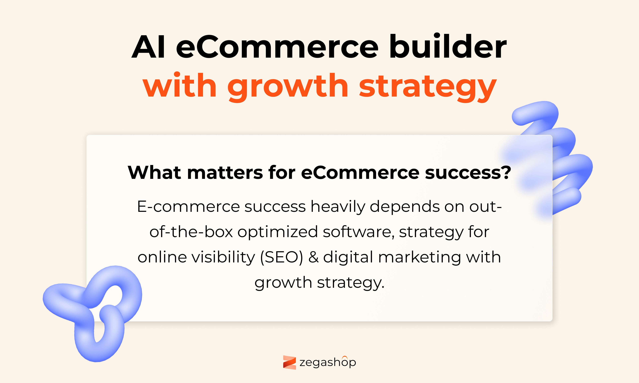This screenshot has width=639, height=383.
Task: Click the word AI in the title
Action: click(x=148, y=47)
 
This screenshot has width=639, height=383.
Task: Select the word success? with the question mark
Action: click(x=468, y=172)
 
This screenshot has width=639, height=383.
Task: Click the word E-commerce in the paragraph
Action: click(x=188, y=206)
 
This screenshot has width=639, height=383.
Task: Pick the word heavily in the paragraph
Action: click(x=338, y=207)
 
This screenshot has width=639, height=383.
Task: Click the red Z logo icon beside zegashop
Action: click(x=289, y=362)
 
